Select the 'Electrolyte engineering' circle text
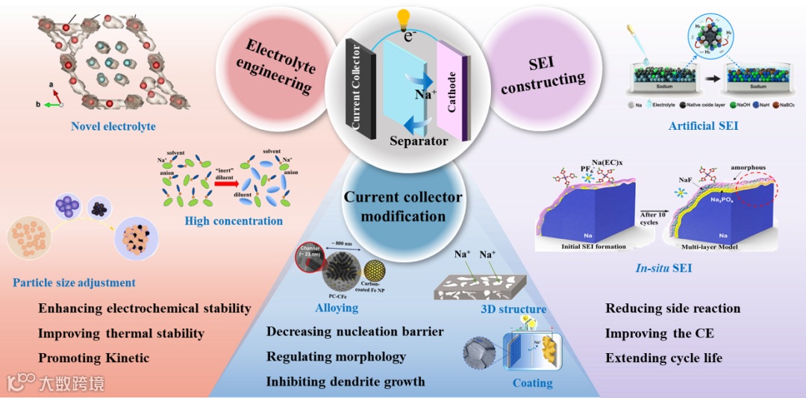[x=275, y=67]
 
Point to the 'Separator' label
[x=419, y=141]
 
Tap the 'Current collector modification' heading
[x=403, y=207]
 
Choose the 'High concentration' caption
[x=234, y=220]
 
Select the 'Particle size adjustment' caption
[x=74, y=282]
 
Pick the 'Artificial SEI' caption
[x=703, y=126]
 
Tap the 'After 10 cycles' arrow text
[x=648, y=218]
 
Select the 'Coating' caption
[x=532, y=383]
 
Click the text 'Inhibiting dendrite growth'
[x=346, y=382]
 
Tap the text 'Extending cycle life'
[x=663, y=358]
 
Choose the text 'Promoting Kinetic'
[x=93, y=358]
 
